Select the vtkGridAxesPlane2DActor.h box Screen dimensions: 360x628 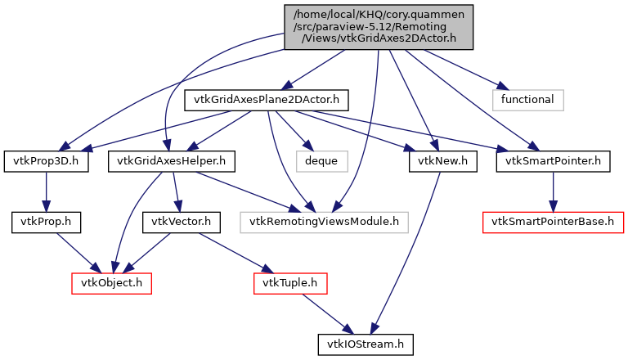pyautogui.click(x=267, y=101)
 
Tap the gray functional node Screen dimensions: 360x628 pyautogui.click(x=528, y=101)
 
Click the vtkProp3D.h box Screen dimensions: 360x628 pyautogui.click(x=46, y=161)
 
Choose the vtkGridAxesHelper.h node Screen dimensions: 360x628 pyautogui.click(x=171, y=161)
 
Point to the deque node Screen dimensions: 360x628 pyautogui.click(x=321, y=161)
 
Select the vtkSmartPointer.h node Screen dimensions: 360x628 pyautogui.click(x=553, y=161)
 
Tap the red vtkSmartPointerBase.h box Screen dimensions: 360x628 pyautogui.click(x=553, y=222)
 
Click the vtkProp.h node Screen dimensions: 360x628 pyautogui.click(x=46, y=222)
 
